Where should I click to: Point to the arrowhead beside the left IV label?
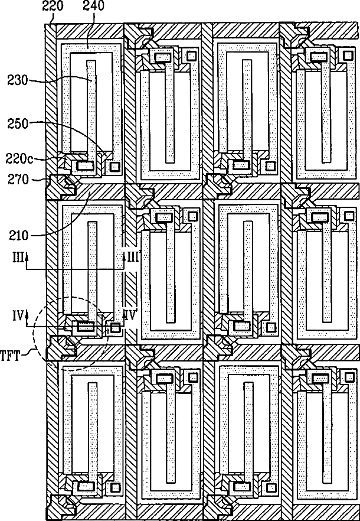(x=27, y=318)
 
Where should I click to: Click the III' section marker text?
(x=132, y=258)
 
